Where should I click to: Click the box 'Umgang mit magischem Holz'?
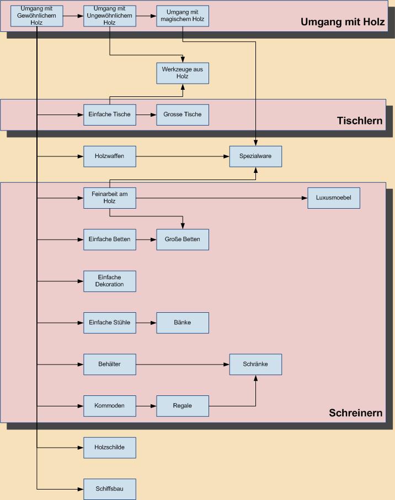point(183,16)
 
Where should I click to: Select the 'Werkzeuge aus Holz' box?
point(183,73)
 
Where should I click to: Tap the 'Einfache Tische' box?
point(110,115)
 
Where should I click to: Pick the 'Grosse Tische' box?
point(183,115)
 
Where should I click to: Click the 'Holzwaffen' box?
point(110,156)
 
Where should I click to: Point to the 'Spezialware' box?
point(255,156)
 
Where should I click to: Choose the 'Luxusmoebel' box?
point(334,198)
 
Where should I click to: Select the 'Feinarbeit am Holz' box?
point(110,198)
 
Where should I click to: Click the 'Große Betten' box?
point(183,240)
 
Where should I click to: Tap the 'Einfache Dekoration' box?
point(110,281)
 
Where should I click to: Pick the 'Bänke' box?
point(183,323)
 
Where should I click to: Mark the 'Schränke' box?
point(255,365)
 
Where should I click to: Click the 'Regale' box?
point(183,406)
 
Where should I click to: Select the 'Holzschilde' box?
point(110,448)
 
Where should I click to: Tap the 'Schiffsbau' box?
point(110,489)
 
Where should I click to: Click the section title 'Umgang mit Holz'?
point(342,23)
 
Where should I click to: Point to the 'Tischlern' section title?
point(360,121)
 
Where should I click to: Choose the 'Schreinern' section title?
point(355,413)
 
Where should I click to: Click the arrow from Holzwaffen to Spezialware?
point(183,156)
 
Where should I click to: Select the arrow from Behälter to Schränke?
point(183,365)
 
